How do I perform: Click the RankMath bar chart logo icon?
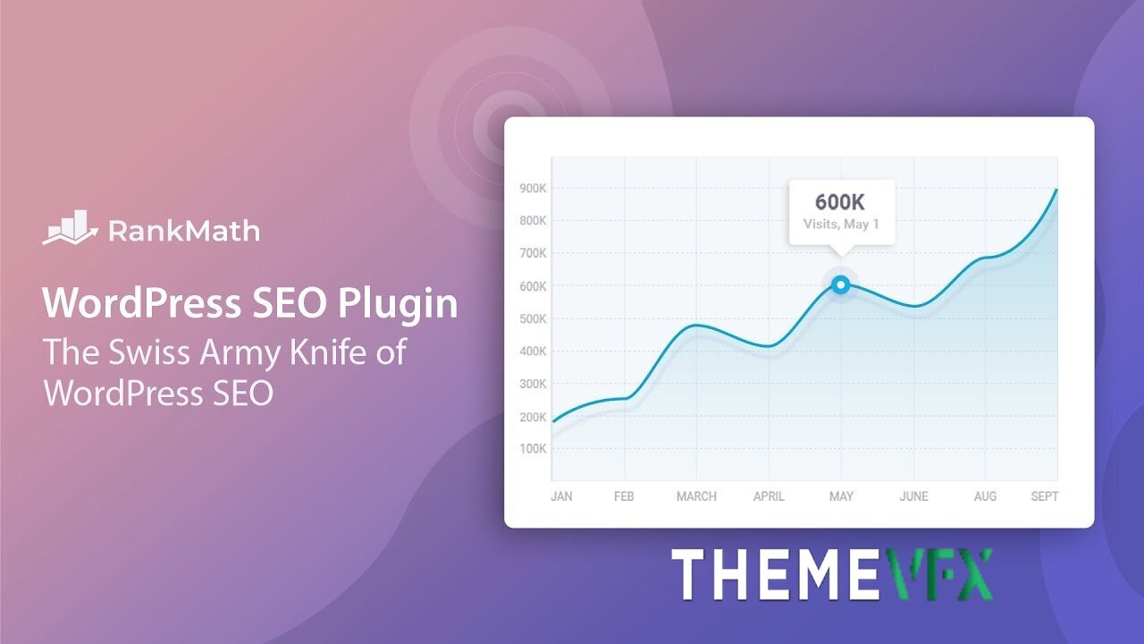point(70,227)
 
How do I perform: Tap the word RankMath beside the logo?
point(184,231)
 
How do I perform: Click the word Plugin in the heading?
point(398,305)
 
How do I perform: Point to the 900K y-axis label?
point(533,189)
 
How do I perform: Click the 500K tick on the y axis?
point(533,319)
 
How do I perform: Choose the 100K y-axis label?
point(533,449)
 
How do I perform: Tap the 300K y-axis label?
point(533,384)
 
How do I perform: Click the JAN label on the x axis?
point(561,496)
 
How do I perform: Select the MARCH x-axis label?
point(696,496)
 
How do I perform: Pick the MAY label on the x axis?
point(841,496)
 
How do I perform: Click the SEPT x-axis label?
point(1045,496)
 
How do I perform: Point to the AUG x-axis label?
point(985,496)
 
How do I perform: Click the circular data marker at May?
point(841,284)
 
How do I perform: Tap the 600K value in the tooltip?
point(840,202)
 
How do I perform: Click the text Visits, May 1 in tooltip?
point(841,225)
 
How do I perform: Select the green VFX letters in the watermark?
point(938,574)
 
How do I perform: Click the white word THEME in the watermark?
point(777,574)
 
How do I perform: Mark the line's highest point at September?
point(1056,190)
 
